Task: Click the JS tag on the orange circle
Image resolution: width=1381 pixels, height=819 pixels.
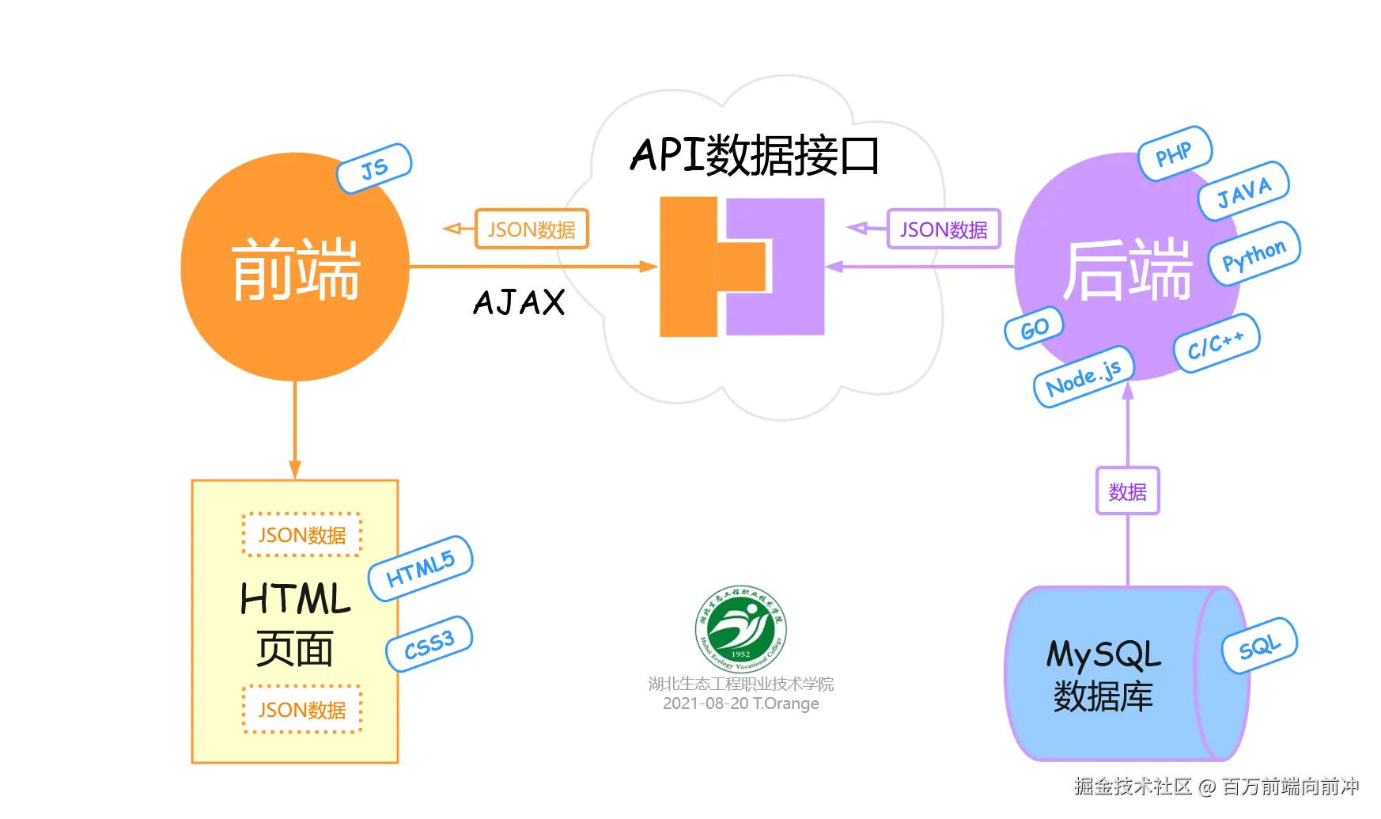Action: (x=374, y=168)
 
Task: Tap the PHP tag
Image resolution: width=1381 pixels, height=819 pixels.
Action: (x=1175, y=154)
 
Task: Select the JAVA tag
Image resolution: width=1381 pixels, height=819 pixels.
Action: (x=1243, y=191)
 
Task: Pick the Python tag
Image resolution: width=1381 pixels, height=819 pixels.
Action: (x=1254, y=254)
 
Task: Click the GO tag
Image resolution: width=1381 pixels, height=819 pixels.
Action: (x=1034, y=328)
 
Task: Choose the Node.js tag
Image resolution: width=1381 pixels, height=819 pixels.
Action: (x=1084, y=377)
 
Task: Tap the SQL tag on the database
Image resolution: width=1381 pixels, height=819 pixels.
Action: (x=1259, y=646)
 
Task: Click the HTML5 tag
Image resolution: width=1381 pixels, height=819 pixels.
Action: (x=420, y=568)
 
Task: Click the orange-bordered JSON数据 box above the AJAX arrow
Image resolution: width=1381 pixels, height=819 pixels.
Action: (x=532, y=229)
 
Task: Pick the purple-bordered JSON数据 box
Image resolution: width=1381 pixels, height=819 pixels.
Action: (x=944, y=229)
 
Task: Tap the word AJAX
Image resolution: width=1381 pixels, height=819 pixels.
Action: (x=520, y=302)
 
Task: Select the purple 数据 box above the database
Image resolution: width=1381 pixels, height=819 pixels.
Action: (x=1127, y=491)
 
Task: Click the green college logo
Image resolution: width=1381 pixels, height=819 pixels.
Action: (x=740, y=629)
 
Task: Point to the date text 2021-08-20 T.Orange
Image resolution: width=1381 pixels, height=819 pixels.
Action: (x=740, y=703)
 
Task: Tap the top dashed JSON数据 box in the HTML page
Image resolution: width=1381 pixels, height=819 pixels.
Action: (x=302, y=535)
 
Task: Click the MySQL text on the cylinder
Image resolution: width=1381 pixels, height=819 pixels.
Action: (x=1103, y=655)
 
